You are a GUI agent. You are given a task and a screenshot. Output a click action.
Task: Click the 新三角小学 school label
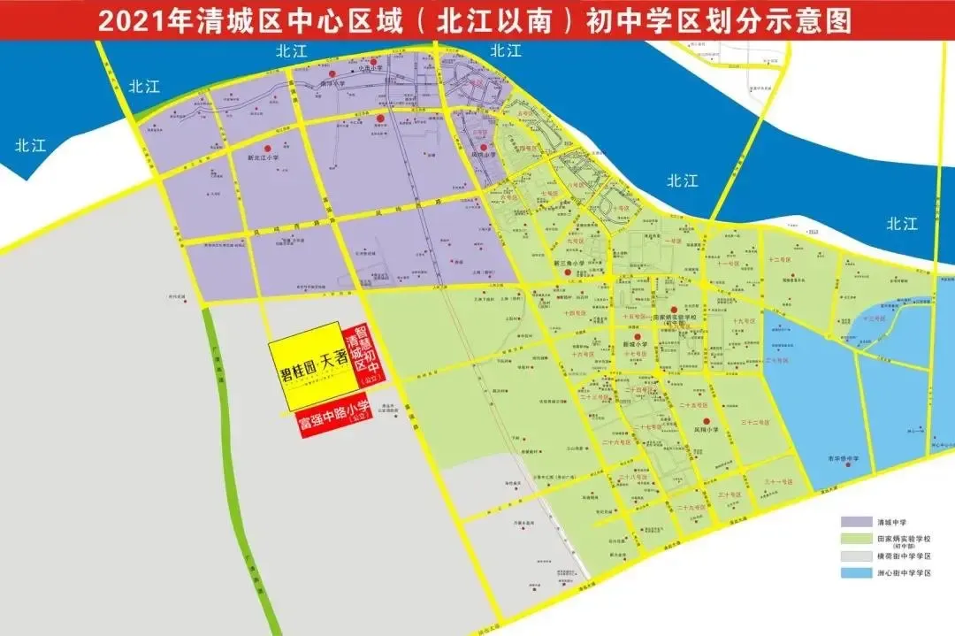(567, 263)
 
